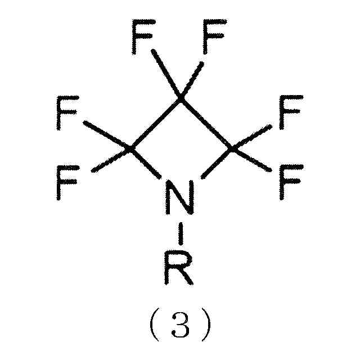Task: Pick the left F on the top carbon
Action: (x=143, y=37)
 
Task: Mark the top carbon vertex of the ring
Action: (x=180, y=98)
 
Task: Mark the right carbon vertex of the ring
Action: (x=231, y=149)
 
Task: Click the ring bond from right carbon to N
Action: (x=215, y=164)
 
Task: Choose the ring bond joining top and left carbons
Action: (x=155, y=124)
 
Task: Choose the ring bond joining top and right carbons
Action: (x=205, y=124)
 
